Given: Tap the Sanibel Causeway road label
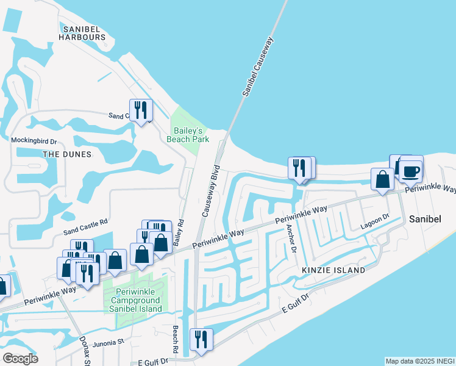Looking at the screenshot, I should pos(259,66).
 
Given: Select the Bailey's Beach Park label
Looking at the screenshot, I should pos(188,135).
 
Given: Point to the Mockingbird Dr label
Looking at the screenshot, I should pos(34,140).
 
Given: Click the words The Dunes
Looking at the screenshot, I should pos(67,154).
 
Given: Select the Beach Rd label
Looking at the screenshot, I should pos(175,339).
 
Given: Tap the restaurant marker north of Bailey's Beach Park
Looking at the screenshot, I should pos(140,110).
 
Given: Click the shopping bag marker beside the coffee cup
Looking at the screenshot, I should pos(382,179).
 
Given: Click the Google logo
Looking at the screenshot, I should pos(21,359).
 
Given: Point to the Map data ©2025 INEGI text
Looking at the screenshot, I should pos(419,361).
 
